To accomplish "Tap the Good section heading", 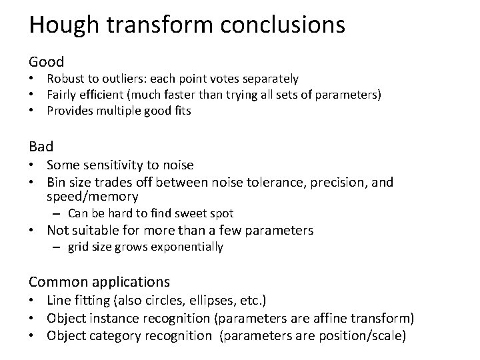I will [46, 62].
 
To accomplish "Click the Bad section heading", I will [41, 145].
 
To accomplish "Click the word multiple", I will [117, 111].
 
